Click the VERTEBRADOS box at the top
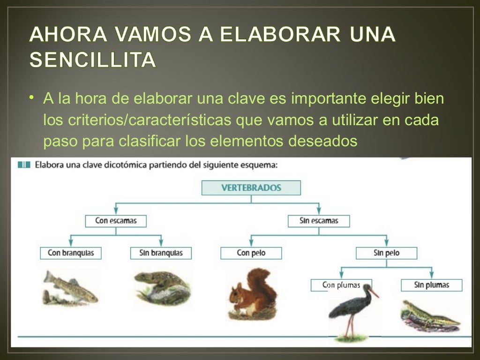(x=251, y=188)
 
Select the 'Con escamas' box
(x=116, y=220)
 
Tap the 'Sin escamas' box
(x=319, y=220)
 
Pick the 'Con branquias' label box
(x=71, y=253)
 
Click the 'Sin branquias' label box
(x=161, y=253)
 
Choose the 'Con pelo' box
(x=251, y=253)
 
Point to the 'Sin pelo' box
(x=386, y=253)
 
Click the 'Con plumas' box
(x=341, y=285)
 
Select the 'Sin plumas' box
(x=431, y=285)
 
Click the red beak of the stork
(x=374, y=292)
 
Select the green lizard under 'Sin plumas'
(x=429, y=315)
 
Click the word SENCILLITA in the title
(x=92, y=60)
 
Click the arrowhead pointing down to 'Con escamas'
(x=116, y=211)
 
